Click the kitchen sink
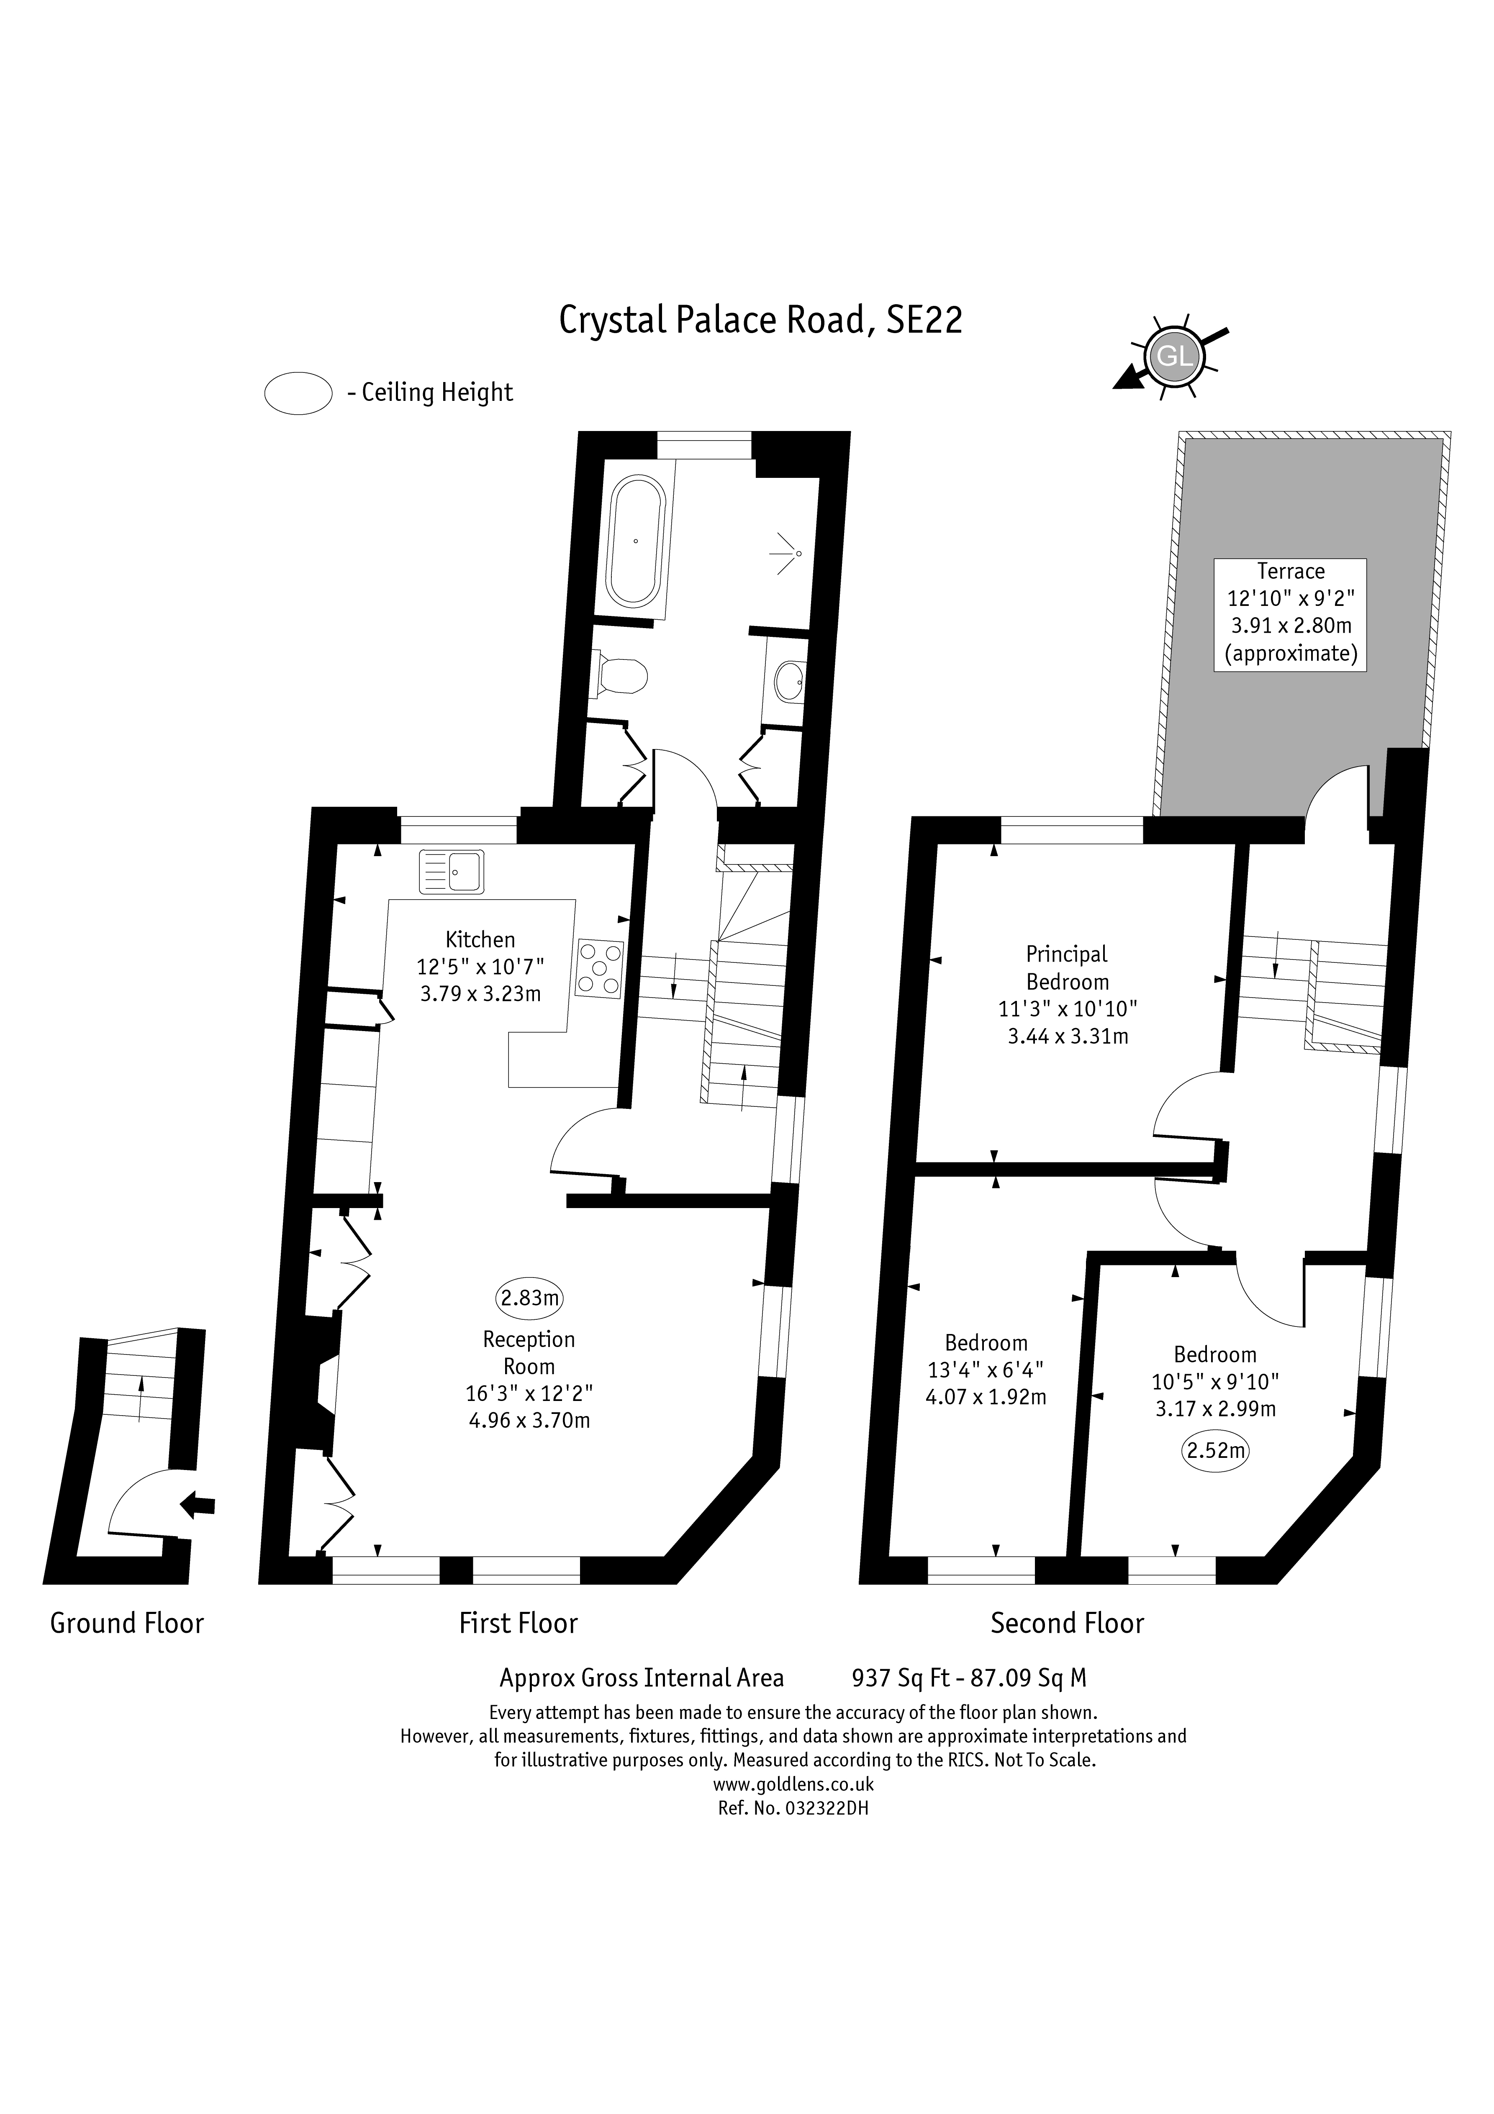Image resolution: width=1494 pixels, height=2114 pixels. (451, 871)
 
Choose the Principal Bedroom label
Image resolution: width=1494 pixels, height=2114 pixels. (1068, 968)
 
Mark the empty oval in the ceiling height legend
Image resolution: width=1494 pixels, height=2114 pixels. (298, 393)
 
